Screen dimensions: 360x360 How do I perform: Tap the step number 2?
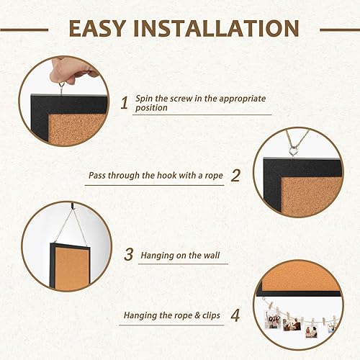[x=235, y=174]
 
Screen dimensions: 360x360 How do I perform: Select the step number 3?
[x=129, y=253]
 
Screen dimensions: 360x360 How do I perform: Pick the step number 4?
[x=235, y=315]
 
